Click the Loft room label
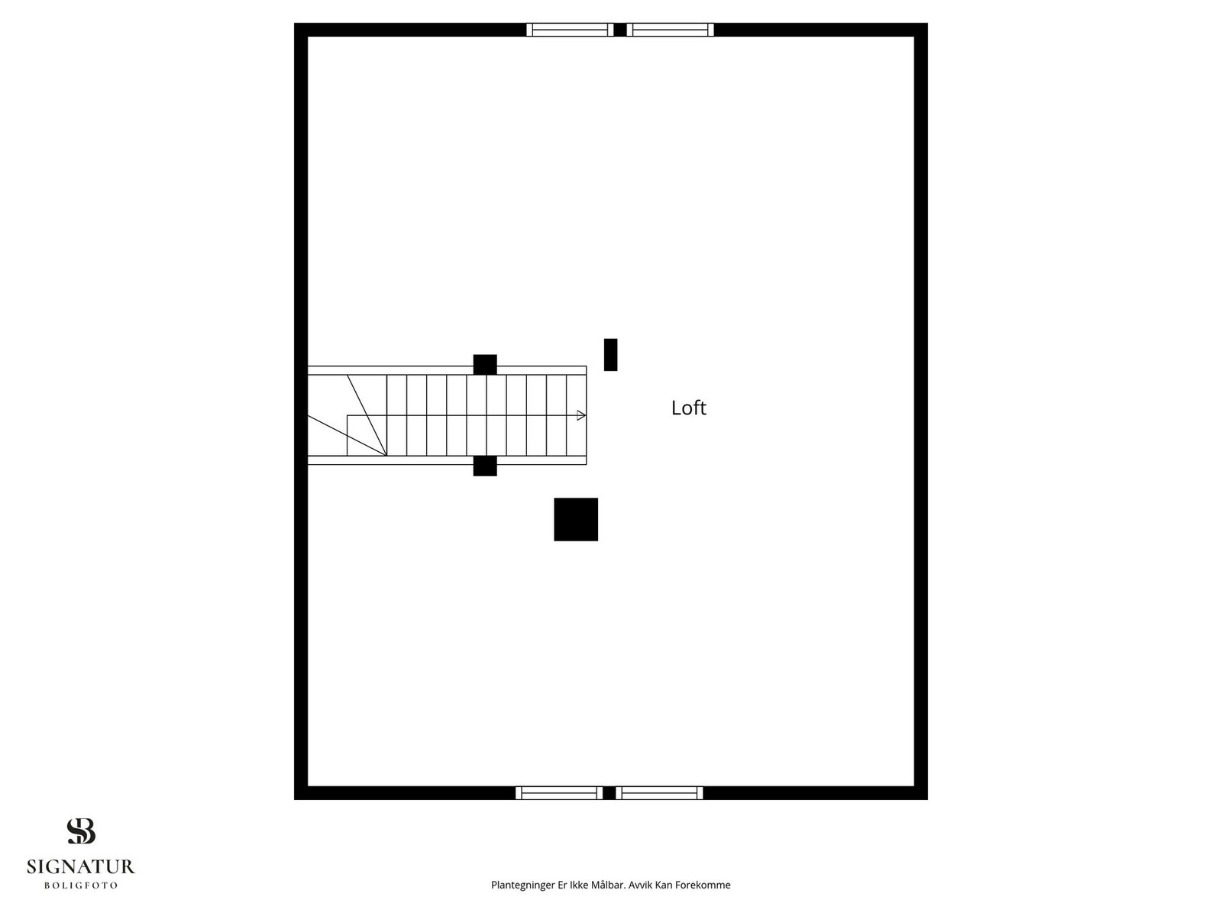coord(688,408)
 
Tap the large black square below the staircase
coord(576,519)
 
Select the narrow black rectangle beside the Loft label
coord(610,354)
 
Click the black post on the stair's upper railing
coord(485,364)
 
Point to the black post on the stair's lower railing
coord(485,466)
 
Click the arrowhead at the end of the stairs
coord(581,415)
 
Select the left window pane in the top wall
coord(570,30)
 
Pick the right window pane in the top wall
coord(671,30)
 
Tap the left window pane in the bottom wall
coord(559,792)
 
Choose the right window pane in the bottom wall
coord(659,792)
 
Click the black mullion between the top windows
coord(620,30)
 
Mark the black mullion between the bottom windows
coord(609,792)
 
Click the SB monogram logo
coord(81,831)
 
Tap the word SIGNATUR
coord(81,866)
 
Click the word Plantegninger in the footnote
coord(522,885)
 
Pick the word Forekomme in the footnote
coord(703,884)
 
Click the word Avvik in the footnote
coord(640,884)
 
